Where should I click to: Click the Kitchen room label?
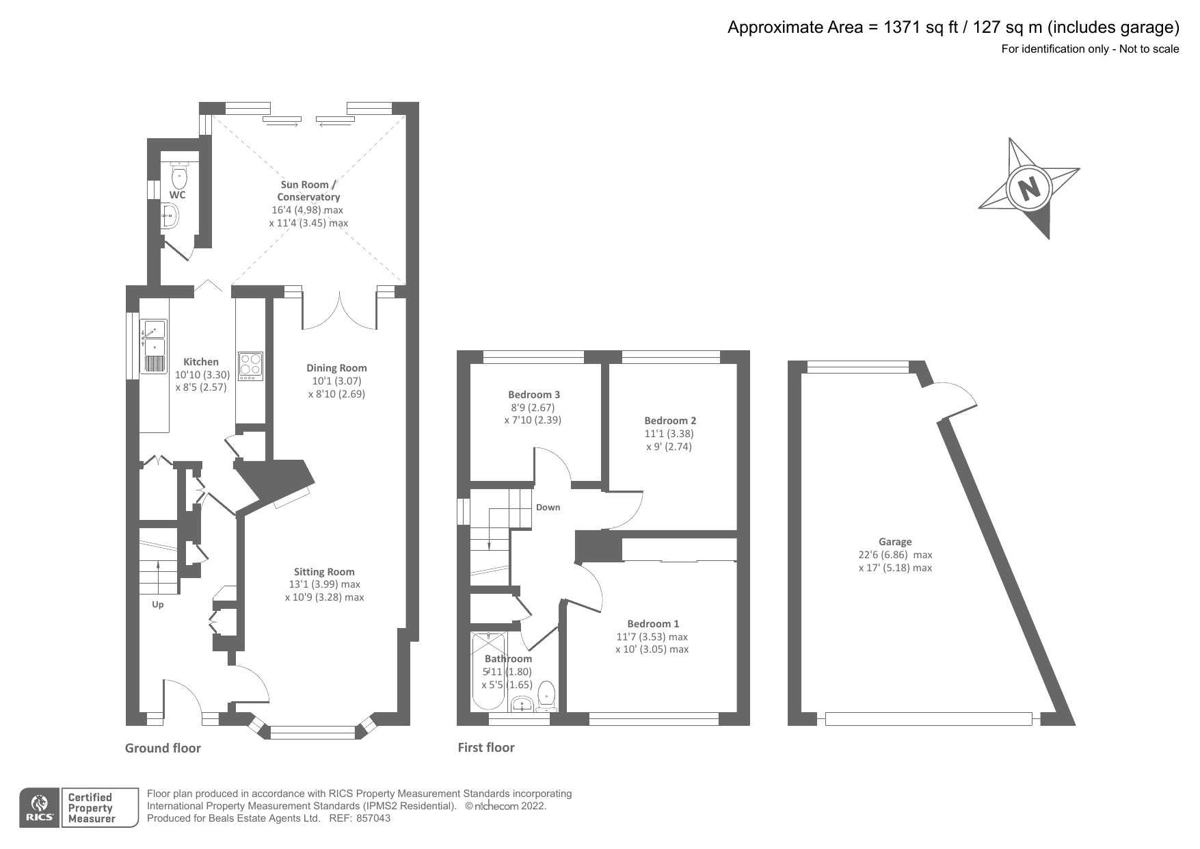click(x=201, y=362)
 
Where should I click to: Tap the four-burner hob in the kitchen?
click(x=250, y=366)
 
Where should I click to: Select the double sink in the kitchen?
click(x=154, y=346)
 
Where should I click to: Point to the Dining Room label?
click(x=336, y=368)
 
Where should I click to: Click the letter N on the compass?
click(x=1028, y=187)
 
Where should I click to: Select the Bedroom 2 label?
click(x=669, y=421)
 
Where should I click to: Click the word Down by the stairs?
click(x=548, y=508)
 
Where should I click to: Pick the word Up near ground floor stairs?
click(x=158, y=605)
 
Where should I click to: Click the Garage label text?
click(x=895, y=542)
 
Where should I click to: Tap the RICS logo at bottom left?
click(x=40, y=808)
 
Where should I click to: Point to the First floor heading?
click(x=485, y=748)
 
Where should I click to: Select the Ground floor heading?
click(x=163, y=748)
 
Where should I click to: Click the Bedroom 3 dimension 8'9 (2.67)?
click(x=532, y=408)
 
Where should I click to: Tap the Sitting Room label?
click(x=324, y=572)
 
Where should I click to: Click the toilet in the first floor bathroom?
click(x=547, y=694)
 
